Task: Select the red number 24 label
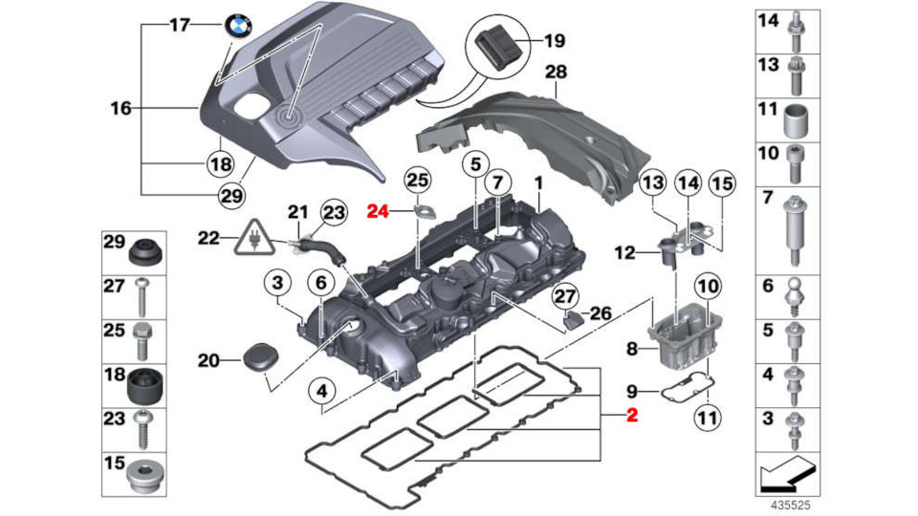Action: [380, 212]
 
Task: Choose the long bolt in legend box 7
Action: [794, 231]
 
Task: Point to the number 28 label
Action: [556, 73]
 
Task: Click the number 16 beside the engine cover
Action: [120, 109]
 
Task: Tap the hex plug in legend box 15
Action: [144, 475]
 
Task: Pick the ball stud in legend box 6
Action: [794, 291]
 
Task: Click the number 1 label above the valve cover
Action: [537, 181]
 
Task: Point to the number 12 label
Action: [624, 253]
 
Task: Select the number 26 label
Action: [600, 312]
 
